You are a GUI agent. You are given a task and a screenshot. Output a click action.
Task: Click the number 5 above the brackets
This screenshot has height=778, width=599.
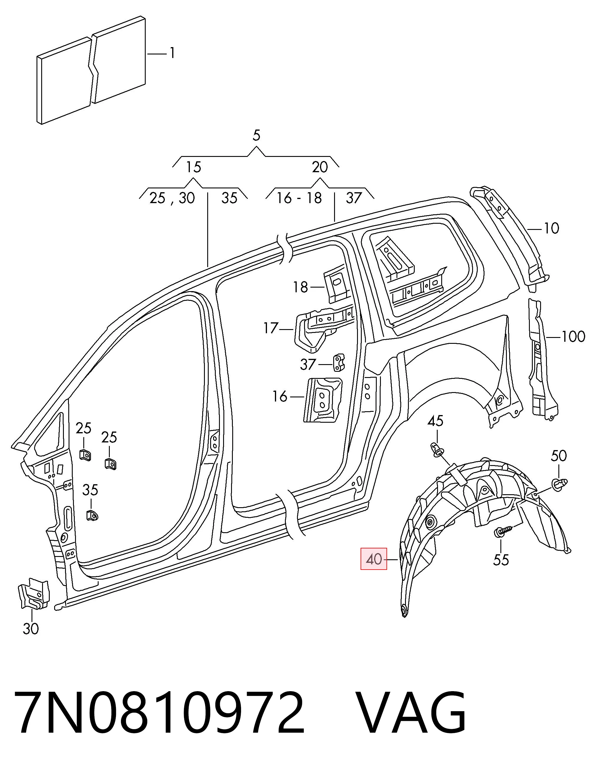coord(256,135)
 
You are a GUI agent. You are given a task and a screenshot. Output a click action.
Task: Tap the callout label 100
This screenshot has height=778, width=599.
coord(573,336)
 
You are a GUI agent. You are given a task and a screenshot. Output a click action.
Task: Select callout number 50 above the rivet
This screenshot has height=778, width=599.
coord(558,456)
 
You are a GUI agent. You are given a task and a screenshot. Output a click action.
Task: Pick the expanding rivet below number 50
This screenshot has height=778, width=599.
coord(559,483)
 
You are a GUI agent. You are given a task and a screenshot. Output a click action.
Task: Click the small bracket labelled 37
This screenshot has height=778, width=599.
coord(339,362)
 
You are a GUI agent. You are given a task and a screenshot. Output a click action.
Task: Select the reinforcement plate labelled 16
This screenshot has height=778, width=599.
coord(322,400)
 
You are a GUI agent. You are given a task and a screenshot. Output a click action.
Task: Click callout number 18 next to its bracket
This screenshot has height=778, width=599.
coord(300,287)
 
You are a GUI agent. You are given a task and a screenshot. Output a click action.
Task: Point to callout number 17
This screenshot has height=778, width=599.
coord(271,328)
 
